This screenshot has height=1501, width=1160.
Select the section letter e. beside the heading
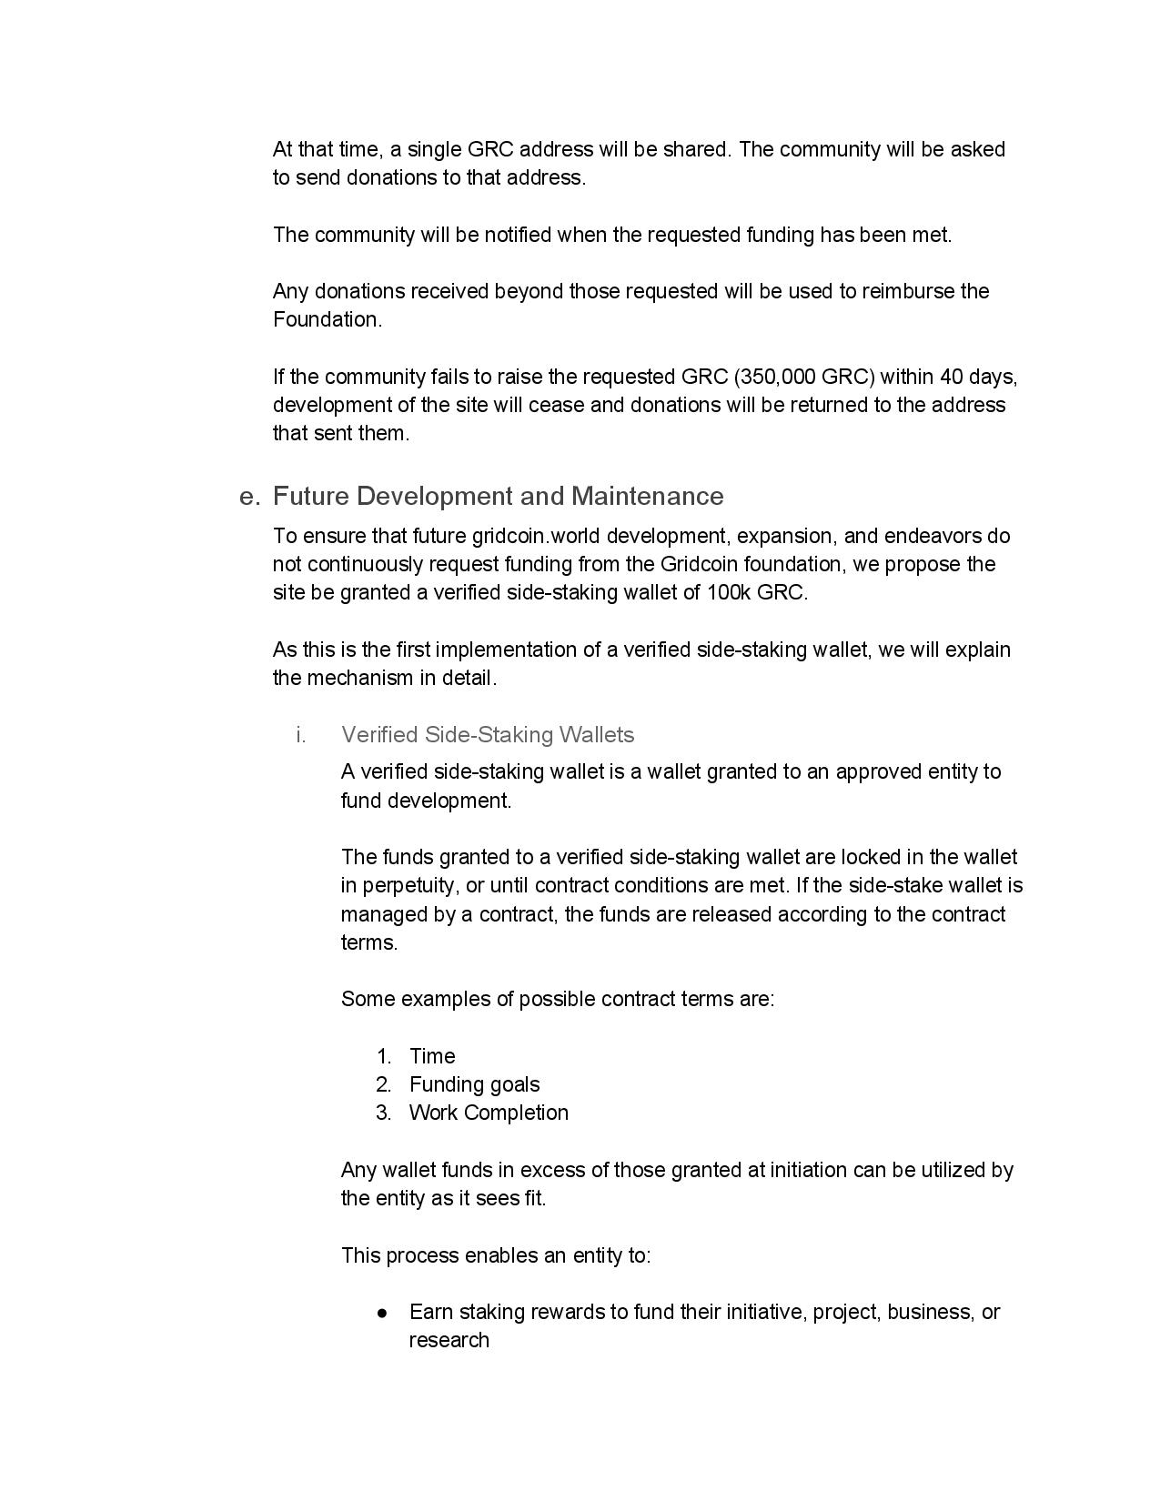click(249, 497)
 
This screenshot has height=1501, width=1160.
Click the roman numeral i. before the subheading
click(300, 735)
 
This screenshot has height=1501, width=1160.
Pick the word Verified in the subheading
click(380, 735)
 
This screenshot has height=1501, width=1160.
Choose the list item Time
click(432, 1056)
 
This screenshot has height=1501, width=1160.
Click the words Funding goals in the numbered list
click(474, 1084)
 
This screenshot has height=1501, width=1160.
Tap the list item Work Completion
click(489, 1113)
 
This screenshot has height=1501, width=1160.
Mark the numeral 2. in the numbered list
click(383, 1084)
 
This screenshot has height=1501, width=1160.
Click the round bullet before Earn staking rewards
click(383, 1313)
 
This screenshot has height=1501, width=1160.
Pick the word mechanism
click(356, 678)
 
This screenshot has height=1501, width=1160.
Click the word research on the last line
click(449, 1341)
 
